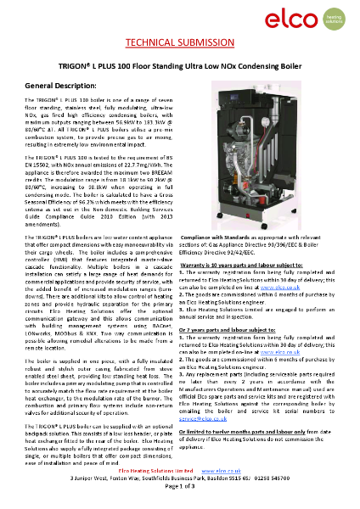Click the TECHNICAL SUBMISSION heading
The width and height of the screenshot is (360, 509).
[180, 42]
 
